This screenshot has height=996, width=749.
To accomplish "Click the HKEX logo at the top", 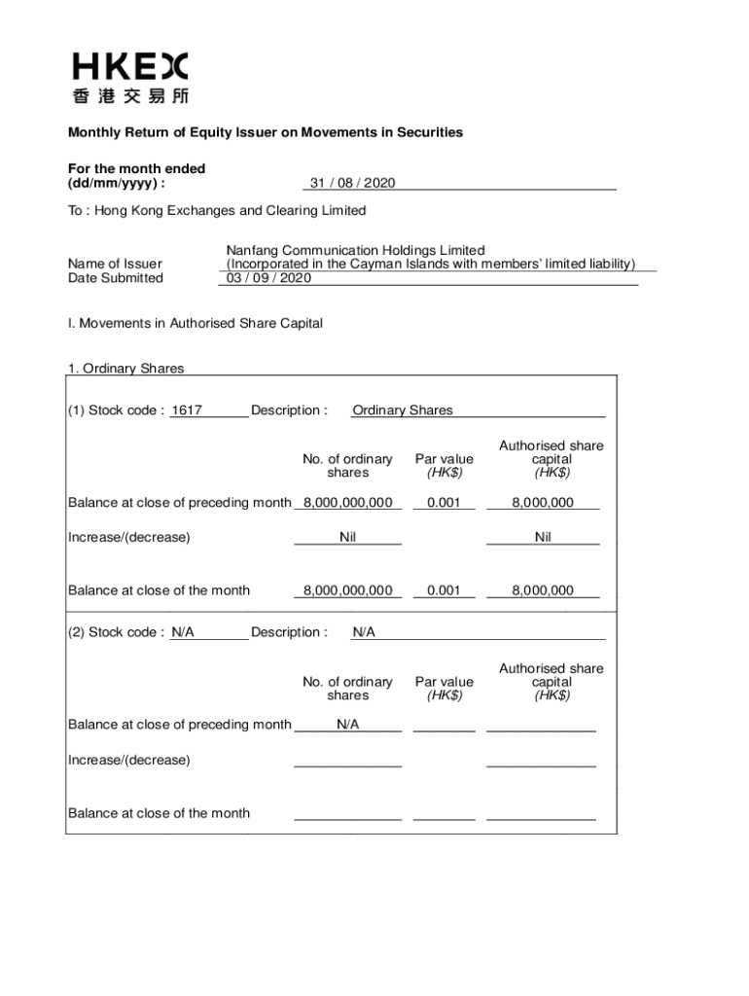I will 130,78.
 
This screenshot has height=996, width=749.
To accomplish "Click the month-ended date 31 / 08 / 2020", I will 352,183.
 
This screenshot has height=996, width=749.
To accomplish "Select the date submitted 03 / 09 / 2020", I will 268,278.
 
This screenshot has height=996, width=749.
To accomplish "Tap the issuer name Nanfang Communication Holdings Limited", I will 355,250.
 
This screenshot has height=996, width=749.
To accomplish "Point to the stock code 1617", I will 186,410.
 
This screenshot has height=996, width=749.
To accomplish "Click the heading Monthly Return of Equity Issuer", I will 265,132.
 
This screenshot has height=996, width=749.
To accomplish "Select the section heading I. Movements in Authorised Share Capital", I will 195,323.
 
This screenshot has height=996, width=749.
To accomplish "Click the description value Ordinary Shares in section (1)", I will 403,410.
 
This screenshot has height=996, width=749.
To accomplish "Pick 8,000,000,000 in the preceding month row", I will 347,503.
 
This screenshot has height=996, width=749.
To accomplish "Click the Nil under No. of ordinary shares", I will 347,537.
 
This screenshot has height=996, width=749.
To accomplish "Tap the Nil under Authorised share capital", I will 543,537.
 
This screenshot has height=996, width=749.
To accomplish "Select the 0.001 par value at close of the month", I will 444,590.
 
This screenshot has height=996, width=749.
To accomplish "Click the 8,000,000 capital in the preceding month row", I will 543,503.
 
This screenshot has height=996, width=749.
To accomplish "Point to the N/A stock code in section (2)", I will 183,632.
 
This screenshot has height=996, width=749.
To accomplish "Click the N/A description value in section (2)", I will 364,632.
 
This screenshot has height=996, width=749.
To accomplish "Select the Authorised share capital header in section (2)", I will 551,682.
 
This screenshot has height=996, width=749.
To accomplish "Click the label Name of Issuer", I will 115,264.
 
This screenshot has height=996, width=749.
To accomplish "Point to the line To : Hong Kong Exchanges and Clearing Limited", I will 217,210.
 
